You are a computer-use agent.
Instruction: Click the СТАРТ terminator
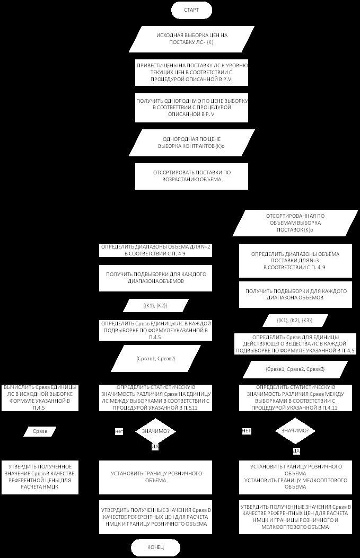(191, 10)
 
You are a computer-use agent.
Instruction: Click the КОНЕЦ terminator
(156, 547)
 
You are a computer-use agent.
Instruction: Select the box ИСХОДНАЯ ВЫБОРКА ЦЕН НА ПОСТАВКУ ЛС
(192, 39)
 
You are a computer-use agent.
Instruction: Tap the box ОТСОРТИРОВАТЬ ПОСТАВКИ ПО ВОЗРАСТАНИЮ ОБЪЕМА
(191, 176)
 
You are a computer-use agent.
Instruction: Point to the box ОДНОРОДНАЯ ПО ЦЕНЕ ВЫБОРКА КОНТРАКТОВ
(191, 143)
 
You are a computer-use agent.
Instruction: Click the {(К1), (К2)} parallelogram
(156, 305)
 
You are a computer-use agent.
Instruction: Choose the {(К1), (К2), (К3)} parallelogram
(294, 321)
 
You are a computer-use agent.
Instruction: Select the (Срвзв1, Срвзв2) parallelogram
(156, 359)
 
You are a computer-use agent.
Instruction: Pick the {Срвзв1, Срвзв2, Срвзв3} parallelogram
(295, 368)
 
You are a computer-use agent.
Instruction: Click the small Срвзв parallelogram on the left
(40, 431)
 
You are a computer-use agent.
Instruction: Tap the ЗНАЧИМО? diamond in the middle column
(156, 431)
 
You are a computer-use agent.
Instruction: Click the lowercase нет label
(119, 432)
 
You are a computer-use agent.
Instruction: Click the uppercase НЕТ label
(247, 431)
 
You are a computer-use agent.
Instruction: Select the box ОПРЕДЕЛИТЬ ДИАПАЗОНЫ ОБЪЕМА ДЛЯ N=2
(156, 250)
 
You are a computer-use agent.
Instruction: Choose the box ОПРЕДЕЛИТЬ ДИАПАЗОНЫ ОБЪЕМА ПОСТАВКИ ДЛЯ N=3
(295, 261)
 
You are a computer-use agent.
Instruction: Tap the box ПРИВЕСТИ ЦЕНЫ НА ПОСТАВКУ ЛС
(192, 72)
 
